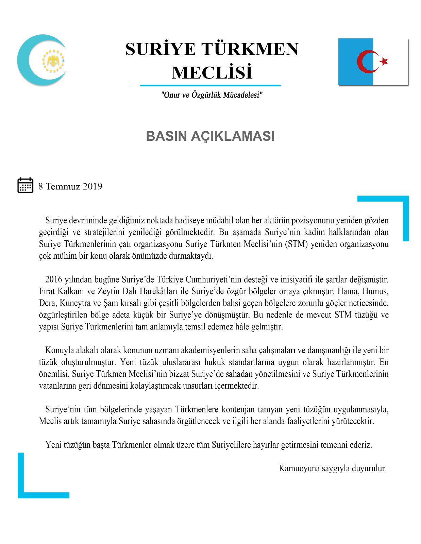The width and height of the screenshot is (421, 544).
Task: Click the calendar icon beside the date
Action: tap(25, 185)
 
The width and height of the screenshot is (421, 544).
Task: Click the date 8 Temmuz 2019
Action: tap(70, 186)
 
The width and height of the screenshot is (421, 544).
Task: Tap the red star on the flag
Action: tap(384, 61)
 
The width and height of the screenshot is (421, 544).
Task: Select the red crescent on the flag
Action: tap(366, 62)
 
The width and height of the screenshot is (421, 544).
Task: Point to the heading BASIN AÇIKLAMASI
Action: tap(210, 136)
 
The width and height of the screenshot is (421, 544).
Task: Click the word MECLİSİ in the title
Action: tap(212, 72)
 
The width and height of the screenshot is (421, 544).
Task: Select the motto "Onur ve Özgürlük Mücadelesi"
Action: tap(212, 95)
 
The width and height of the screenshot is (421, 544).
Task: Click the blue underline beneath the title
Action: tap(210, 85)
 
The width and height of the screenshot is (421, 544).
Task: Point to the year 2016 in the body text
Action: tap(54, 279)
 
